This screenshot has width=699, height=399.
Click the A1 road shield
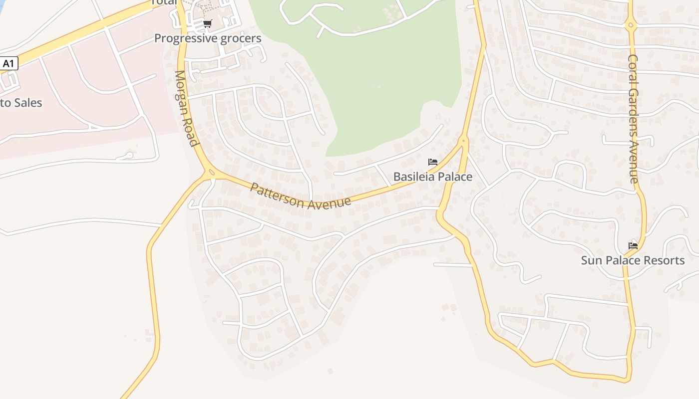click(8, 63)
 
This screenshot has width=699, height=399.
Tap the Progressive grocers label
click(207, 38)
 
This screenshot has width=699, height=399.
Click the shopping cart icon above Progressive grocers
click(208, 23)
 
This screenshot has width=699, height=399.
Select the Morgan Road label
click(185, 108)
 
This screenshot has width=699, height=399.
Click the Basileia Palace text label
click(432, 177)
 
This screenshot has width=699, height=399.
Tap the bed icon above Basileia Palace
click(433, 162)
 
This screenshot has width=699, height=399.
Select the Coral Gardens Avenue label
click(633, 119)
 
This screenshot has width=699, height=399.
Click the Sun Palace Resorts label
click(633, 260)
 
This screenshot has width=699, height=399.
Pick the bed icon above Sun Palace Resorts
click(633, 245)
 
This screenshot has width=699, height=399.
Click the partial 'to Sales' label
click(21, 103)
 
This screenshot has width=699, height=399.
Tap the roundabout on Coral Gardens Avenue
click(631, 24)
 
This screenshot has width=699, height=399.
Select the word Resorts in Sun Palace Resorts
click(664, 260)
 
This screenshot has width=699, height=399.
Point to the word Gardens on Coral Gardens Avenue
click(633, 113)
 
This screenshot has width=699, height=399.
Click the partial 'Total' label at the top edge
click(164, 2)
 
